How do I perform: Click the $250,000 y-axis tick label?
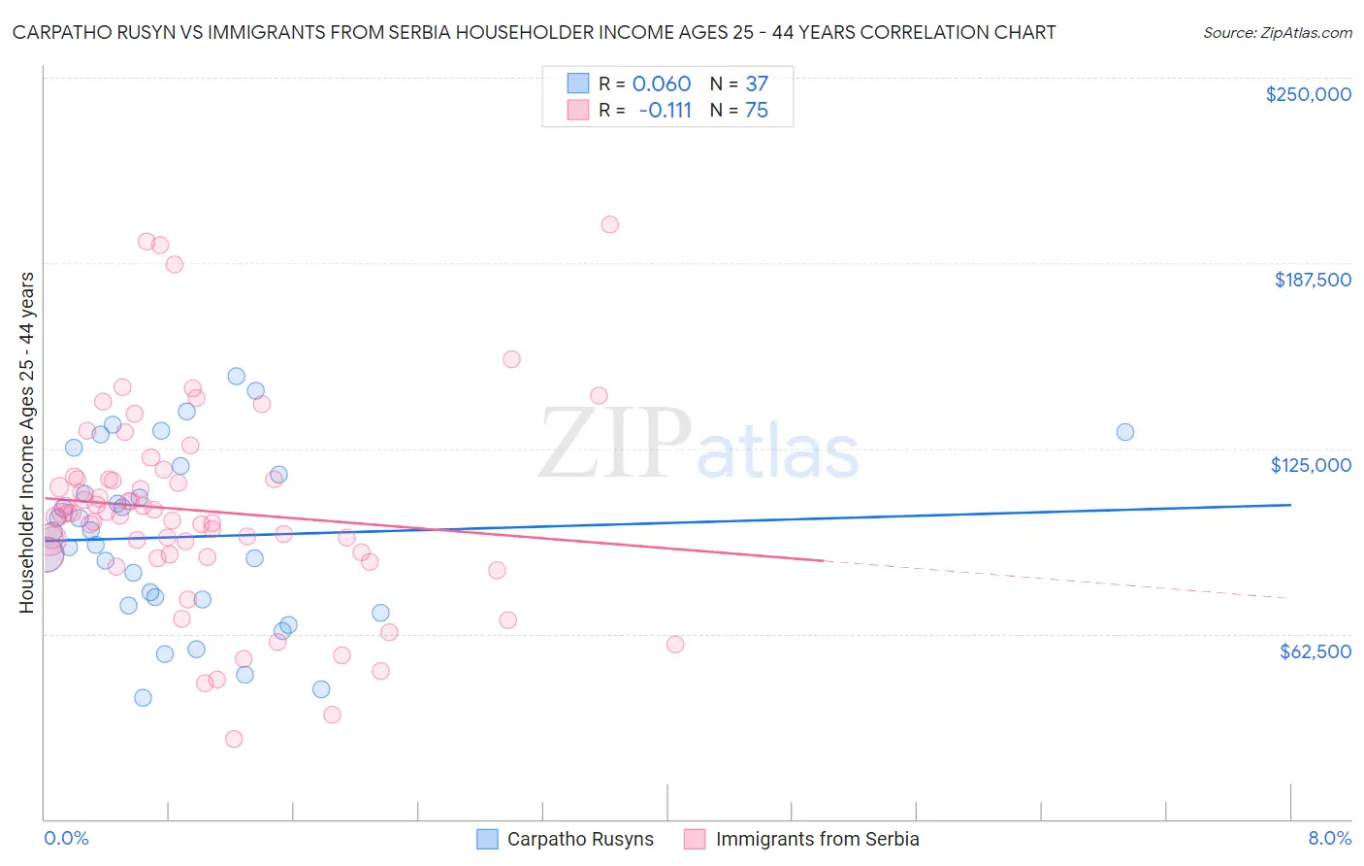1308,94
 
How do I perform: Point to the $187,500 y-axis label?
1312,280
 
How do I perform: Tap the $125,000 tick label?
1311,465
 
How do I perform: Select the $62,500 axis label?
1315,651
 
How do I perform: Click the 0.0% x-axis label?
66,838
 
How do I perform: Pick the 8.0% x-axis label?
1329,838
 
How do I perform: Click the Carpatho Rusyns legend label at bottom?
580,839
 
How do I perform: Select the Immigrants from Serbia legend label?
817,839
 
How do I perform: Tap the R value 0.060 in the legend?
662,83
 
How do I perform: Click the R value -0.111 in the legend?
665,110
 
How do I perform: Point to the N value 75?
757,110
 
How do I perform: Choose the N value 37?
757,83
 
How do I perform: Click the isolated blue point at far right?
1124,432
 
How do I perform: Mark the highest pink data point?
609,224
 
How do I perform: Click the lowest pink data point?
234,739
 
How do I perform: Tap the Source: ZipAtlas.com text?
1277,33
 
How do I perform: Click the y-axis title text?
26,442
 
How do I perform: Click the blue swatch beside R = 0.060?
578,83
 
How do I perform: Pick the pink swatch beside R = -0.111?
578,110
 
